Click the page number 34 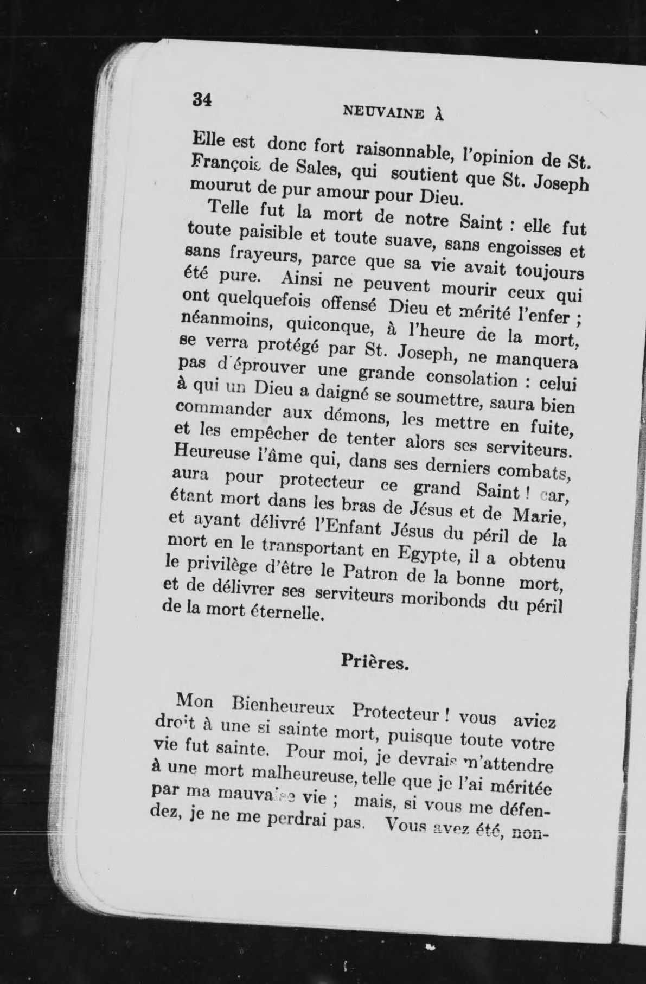(201, 100)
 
